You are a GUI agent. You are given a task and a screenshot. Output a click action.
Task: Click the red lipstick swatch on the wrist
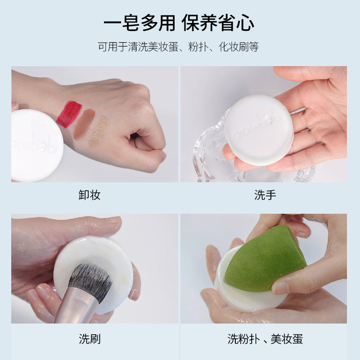[69, 114]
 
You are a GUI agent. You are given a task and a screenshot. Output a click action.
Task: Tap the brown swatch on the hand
[84, 125]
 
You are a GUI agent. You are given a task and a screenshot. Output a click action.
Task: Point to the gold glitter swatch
[99, 131]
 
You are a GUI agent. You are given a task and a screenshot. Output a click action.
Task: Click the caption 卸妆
[90, 195]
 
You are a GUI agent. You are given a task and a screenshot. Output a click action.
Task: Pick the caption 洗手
[265, 195]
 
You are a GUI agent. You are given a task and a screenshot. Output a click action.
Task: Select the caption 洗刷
[90, 339]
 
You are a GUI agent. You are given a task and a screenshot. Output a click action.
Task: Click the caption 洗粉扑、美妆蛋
[265, 339]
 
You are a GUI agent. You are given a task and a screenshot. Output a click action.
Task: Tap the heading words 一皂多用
[139, 23]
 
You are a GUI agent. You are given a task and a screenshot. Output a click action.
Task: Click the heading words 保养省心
[218, 23]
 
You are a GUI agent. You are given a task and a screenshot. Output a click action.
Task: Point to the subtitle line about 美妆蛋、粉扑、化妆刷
[178, 47]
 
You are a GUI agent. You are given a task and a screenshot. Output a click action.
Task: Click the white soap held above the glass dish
[259, 130]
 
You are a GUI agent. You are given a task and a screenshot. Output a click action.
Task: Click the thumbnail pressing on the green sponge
[280, 288]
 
